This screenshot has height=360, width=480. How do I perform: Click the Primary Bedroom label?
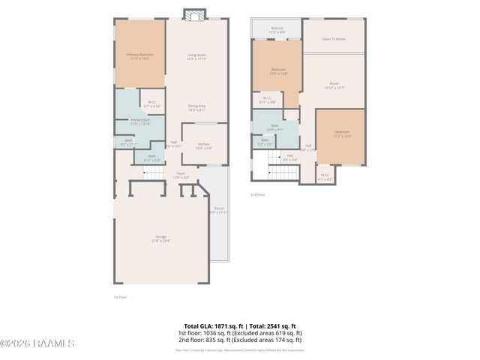[139, 56]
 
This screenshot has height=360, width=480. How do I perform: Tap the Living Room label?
[196, 56]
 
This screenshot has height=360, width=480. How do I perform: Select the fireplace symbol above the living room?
[194, 15]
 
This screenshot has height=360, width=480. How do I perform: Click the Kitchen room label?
[203, 146]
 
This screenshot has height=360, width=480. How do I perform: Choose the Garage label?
[160, 238]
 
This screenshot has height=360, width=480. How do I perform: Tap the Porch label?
[219, 210]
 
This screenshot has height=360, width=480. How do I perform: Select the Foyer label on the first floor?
[181, 175]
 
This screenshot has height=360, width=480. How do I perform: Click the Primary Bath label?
[140, 121]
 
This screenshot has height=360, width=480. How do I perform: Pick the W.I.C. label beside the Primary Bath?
[151, 104]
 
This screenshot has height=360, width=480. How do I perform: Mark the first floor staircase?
[153, 174]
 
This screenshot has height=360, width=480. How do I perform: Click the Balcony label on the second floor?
[277, 31]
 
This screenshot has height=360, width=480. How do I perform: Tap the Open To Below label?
[334, 38]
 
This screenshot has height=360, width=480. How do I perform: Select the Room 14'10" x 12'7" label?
[334, 85]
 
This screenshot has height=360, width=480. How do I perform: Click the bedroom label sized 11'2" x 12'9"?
[342, 134]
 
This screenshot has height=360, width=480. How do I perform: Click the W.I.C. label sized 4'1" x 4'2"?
[325, 177]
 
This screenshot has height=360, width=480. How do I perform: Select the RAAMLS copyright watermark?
[37, 343]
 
